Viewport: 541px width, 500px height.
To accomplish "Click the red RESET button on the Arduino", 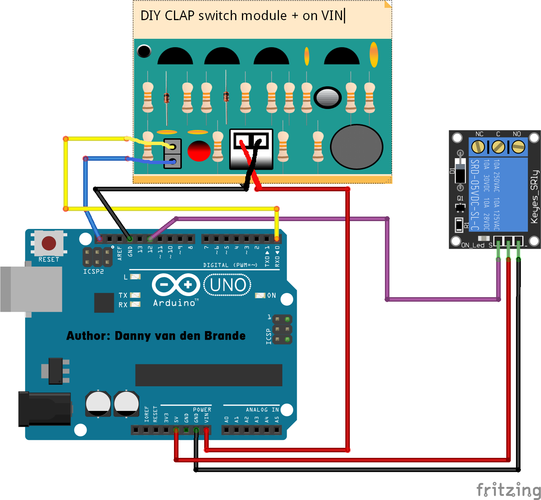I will [49, 243].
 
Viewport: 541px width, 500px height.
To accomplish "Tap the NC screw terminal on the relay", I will [478, 147].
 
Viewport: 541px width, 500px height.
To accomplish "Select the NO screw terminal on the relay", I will [518, 147].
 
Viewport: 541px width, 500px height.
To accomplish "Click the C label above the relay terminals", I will [498, 134].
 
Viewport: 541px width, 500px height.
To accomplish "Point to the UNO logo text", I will [228, 285].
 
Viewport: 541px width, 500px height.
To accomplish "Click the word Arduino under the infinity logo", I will [174, 303].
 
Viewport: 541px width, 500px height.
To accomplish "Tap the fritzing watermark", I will [508, 489].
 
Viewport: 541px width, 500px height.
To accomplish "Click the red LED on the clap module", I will [199, 151].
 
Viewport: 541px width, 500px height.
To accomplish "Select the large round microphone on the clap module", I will [357, 147].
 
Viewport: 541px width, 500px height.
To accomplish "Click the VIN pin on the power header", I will [206, 430].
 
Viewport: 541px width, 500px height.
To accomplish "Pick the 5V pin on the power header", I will [176, 430].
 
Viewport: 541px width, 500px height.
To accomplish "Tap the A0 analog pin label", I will [226, 419].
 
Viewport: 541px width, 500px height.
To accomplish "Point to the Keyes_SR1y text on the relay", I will [534, 197].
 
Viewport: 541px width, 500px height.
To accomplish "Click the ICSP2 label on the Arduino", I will [93, 271].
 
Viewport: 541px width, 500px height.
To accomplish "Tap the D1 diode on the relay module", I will [460, 170].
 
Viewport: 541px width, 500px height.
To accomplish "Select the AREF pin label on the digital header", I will [120, 253].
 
